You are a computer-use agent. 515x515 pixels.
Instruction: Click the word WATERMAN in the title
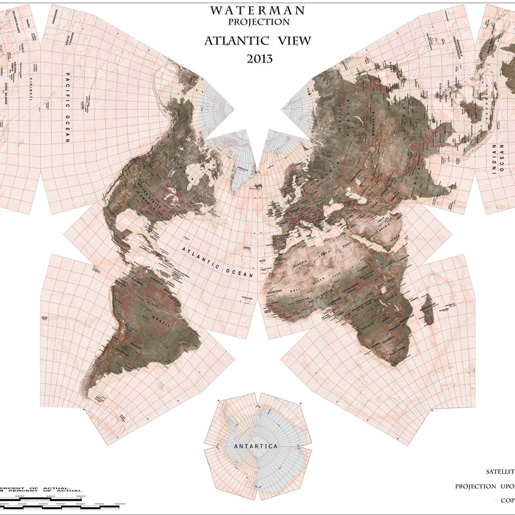[x=257, y=10]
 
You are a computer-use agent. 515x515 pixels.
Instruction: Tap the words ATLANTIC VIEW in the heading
[x=257, y=41]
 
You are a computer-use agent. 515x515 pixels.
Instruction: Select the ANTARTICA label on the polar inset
[x=256, y=446]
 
